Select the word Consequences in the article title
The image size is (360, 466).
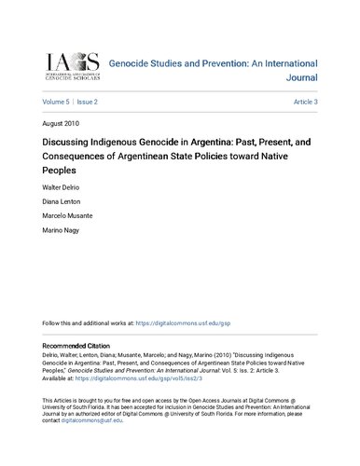coord(75,158)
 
